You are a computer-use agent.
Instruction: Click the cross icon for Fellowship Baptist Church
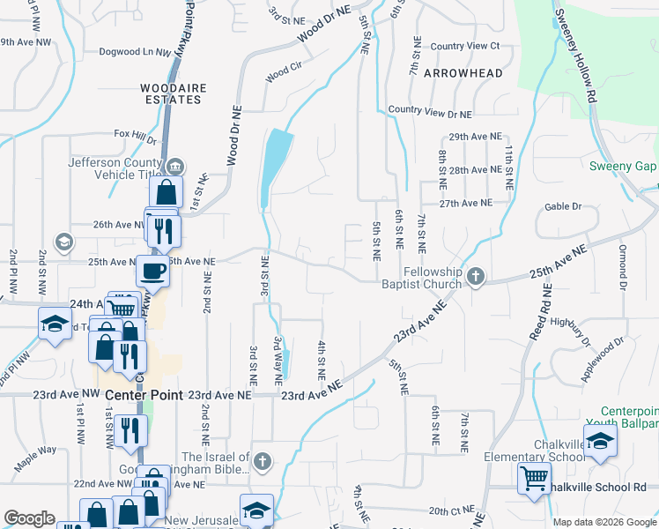tap(476, 277)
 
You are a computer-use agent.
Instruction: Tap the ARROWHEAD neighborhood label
tap(463, 73)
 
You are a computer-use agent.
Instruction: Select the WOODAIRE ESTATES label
tap(171, 93)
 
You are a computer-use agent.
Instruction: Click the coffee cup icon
tap(153, 272)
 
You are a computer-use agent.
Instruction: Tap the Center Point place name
tap(144, 396)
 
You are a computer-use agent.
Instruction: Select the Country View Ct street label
tap(464, 46)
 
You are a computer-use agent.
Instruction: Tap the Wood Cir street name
tap(283, 77)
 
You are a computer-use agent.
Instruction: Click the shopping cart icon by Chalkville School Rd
tap(533, 479)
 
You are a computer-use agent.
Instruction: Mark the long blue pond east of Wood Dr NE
tap(276, 168)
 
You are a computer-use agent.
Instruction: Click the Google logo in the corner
tap(30, 518)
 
